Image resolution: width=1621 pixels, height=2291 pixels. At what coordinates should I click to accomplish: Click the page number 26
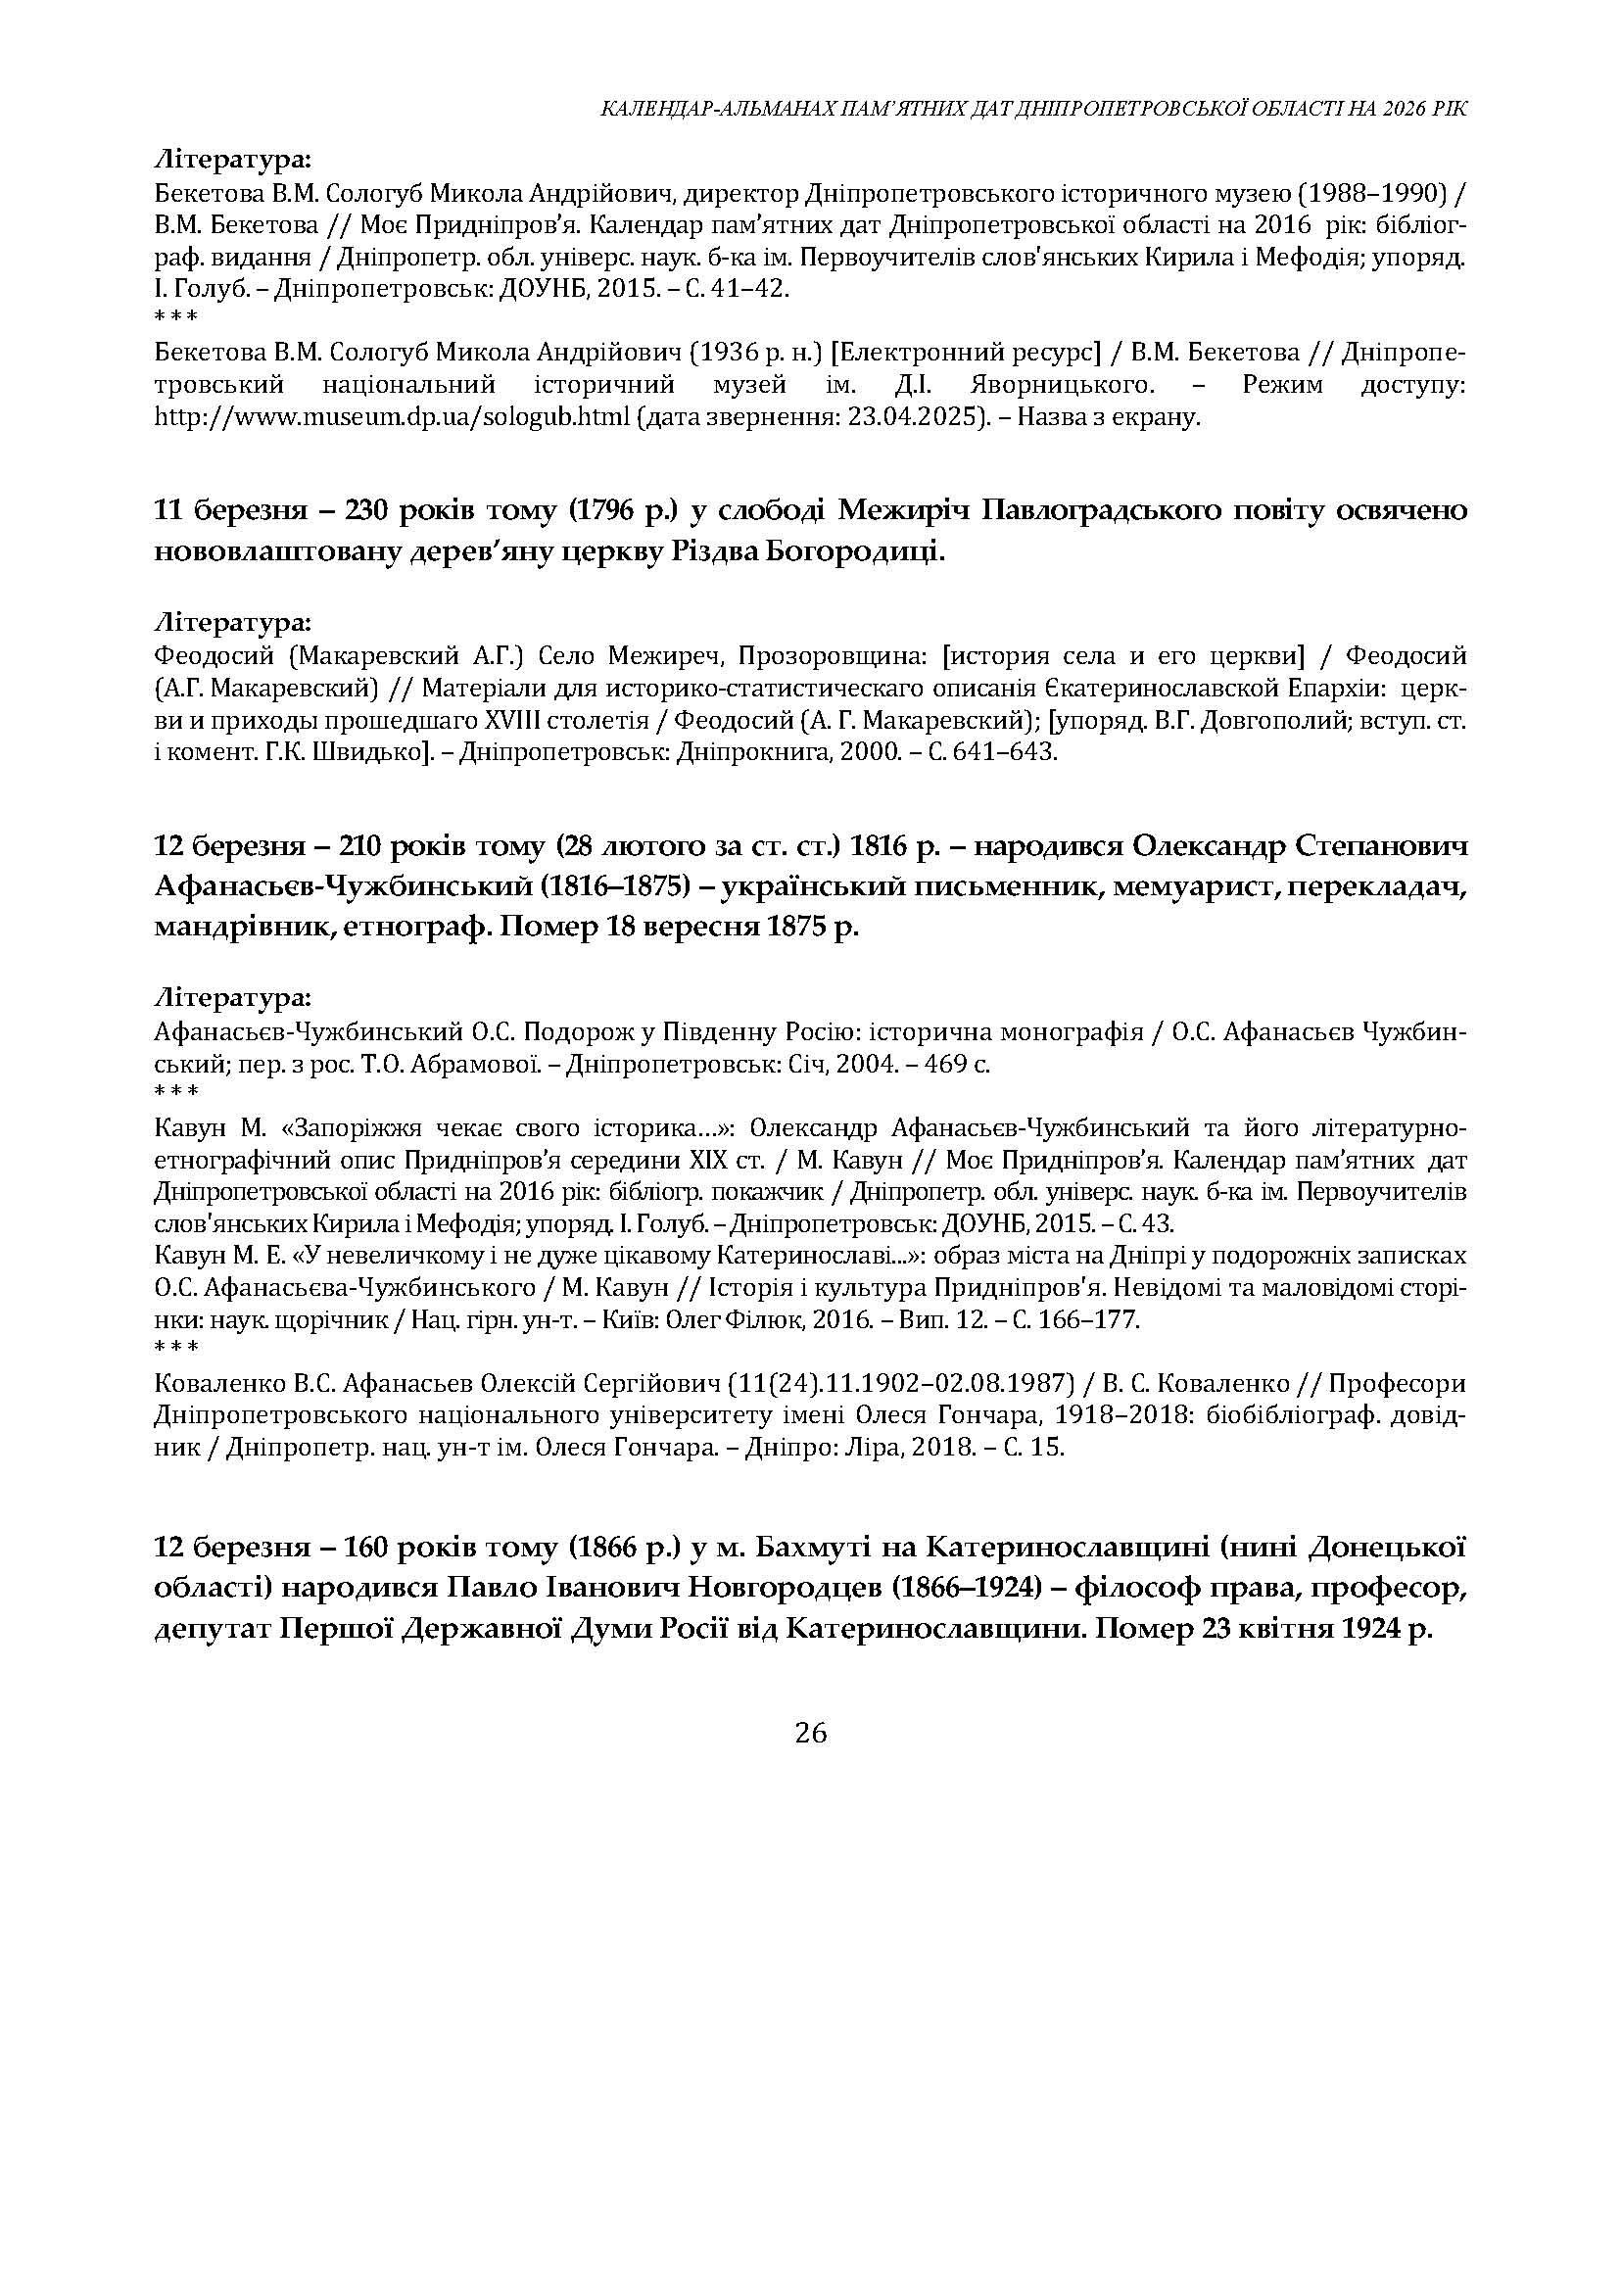coord(811,1733)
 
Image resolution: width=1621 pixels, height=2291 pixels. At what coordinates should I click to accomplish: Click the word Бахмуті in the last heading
coord(834,1548)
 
